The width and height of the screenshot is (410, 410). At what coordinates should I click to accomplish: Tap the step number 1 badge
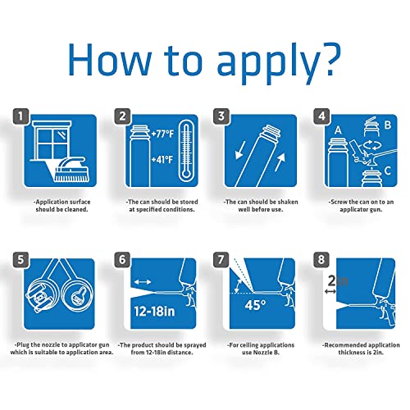[20, 116]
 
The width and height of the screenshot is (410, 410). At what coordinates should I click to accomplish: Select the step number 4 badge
[321, 116]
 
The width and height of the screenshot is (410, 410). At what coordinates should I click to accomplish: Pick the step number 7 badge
[221, 259]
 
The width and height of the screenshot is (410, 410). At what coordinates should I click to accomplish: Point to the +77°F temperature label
[162, 134]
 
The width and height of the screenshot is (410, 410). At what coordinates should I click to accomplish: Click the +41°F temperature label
[162, 159]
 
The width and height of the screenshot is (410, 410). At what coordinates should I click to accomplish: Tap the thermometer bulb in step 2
[186, 174]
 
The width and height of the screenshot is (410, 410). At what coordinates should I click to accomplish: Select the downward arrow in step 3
[240, 151]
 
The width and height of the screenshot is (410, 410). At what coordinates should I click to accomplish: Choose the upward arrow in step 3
[280, 162]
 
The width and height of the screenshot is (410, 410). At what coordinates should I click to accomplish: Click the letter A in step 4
[338, 130]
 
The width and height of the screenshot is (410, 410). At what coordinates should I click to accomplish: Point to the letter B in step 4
[388, 125]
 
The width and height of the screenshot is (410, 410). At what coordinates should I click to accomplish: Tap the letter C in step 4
[387, 171]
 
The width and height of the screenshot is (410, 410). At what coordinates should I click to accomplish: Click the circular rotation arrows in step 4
[371, 145]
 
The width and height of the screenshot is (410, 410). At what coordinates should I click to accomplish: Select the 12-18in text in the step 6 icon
[154, 312]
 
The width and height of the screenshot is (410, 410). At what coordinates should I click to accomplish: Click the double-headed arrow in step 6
[143, 282]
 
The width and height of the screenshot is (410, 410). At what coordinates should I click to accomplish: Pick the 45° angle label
[255, 305]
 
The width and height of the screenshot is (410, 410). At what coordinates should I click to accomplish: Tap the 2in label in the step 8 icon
[338, 280]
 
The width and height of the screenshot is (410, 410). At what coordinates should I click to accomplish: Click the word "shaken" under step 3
[288, 202]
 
